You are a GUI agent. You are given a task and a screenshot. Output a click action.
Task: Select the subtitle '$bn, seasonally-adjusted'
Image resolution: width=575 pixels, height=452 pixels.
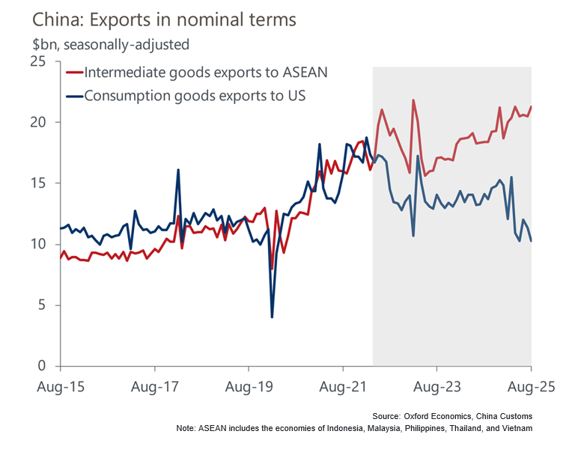click(x=100, y=45)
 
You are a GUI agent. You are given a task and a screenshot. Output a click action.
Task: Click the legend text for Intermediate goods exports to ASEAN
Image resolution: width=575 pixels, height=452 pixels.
click(x=206, y=73)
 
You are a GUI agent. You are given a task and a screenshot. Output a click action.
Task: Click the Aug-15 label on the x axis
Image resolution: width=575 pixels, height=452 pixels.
click(x=60, y=387)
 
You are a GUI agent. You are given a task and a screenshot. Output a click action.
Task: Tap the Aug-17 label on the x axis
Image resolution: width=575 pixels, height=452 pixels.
click(x=154, y=387)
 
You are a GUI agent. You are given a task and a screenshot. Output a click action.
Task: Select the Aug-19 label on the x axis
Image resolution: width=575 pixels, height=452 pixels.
click(x=249, y=387)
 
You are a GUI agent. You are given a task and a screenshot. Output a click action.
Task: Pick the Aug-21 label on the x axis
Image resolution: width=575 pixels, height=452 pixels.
click(x=343, y=387)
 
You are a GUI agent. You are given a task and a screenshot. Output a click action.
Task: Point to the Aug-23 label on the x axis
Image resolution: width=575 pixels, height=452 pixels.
click(x=437, y=387)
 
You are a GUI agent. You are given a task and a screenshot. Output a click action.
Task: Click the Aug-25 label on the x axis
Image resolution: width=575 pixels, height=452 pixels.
click(x=531, y=387)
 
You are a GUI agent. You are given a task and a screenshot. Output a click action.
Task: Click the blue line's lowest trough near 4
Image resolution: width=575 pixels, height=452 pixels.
click(x=272, y=317)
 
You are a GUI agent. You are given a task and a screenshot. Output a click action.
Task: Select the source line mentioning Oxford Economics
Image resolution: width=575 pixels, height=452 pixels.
click(x=451, y=415)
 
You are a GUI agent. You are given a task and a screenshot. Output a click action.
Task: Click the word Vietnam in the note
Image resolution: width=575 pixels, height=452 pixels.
click(x=516, y=428)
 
